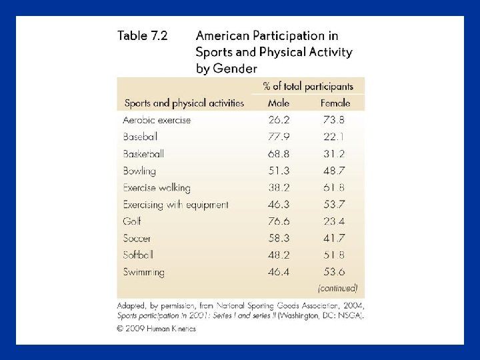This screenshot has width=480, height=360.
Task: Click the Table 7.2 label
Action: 143,36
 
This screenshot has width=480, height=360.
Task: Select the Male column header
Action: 279,103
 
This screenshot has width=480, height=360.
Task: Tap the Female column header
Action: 335,103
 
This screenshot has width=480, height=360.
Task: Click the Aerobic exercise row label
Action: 157,121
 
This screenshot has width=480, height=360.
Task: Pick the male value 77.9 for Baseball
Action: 279,137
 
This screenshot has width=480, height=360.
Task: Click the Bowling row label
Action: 139,171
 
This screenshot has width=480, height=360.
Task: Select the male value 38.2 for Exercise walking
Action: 279,188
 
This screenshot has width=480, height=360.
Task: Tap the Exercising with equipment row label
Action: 175,205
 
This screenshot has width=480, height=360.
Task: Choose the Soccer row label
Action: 137,238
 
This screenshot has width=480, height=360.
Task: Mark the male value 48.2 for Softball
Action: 279,255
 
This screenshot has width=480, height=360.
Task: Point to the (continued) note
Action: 337,289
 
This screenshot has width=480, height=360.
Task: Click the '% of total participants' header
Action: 308,87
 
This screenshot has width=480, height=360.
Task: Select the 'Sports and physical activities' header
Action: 184,103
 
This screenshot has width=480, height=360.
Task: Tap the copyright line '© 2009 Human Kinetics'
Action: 156,329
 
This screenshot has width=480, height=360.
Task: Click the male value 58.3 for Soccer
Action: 279,238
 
